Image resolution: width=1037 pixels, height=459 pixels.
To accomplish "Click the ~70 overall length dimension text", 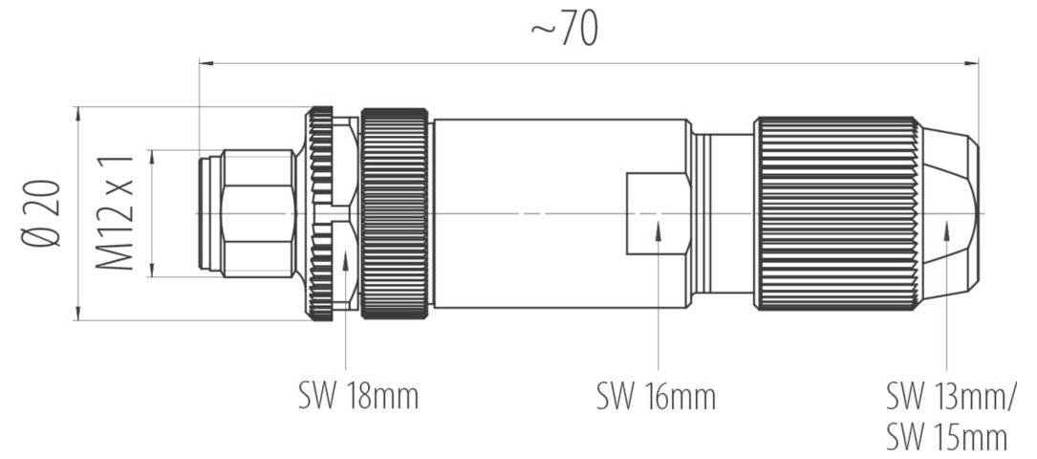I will (x=565, y=30).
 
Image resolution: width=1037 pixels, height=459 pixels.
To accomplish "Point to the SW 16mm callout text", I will (x=656, y=395).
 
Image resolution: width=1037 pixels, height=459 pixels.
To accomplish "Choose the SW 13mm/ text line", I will (x=951, y=395).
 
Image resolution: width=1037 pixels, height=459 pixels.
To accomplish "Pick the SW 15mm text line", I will (x=946, y=437).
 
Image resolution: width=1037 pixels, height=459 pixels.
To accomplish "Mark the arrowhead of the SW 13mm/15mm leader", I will (x=946, y=229).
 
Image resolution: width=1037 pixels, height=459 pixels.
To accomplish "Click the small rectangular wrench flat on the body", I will (x=658, y=213).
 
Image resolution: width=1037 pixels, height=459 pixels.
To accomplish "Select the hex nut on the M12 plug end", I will (x=256, y=212).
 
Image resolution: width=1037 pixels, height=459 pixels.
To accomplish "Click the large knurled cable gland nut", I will (x=836, y=212).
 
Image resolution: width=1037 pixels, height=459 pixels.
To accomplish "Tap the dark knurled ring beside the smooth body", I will (x=394, y=212).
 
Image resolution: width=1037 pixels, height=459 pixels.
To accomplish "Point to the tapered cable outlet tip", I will (x=951, y=212).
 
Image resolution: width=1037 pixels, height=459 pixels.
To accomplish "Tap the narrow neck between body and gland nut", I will (x=722, y=212).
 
